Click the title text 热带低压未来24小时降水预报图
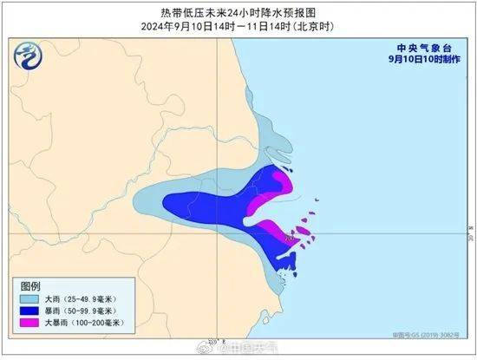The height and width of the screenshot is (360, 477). coord(238,11)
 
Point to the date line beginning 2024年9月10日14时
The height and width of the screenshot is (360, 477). coord(238,26)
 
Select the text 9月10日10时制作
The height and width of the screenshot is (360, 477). coord(420,62)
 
